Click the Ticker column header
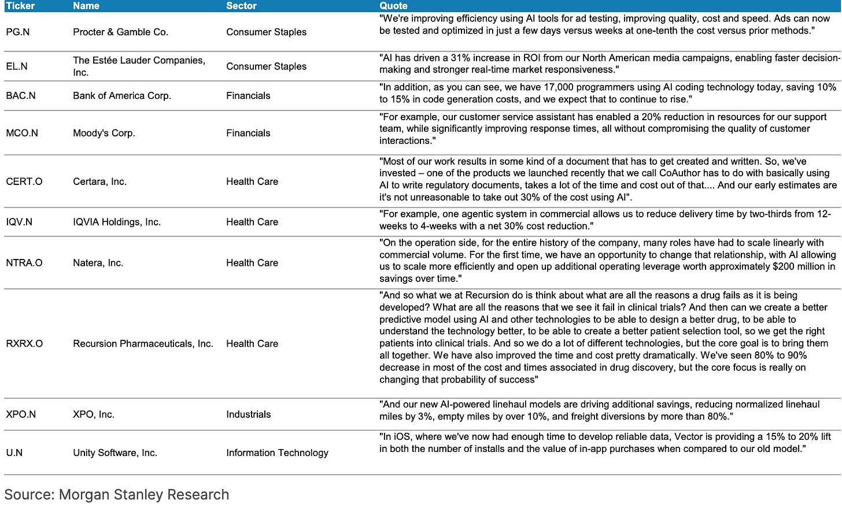pyautogui.click(x=20, y=6)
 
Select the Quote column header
pyautogui.click(x=393, y=6)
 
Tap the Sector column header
pyautogui.click(x=241, y=6)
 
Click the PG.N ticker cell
pyautogui.click(x=18, y=32)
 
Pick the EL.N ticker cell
pyautogui.click(x=17, y=66)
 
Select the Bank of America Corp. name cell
pyautogui.click(x=122, y=95)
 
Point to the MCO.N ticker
pyautogui.click(x=22, y=133)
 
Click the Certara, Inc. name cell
pyautogui.click(x=99, y=181)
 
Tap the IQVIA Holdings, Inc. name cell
pyautogui.click(x=117, y=222)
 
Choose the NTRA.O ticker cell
pyautogui.click(x=24, y=263)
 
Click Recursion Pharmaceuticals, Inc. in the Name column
pyautogui.click(x=143, y=344)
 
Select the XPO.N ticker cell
pyautogui.click(x=21, y=414)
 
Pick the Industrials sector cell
pyautogui.click(x=248, y=414)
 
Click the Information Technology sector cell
pyautogui.click(x=277, y=453)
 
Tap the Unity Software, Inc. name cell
pyautogui.click(x=115, y=453)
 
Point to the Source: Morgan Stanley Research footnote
pyautogui.click(x=117, y=495)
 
